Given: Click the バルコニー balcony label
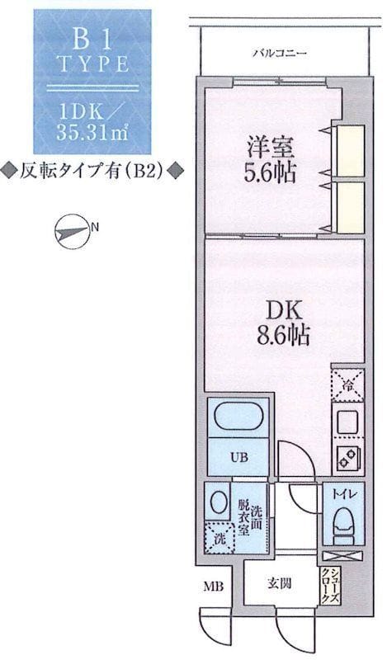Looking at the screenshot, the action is click(280, 54).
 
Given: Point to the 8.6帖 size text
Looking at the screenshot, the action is click(283, 336).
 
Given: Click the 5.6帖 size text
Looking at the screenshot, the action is click(270, 172).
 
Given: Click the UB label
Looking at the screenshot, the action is click(238, 457).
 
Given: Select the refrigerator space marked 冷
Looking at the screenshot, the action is click(347, 384).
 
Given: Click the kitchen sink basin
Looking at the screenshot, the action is click(347, 422).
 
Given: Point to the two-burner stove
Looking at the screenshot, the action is click(348, 458).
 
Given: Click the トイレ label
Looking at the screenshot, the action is click(344, 494).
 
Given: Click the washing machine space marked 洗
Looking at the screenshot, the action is click(219, 539).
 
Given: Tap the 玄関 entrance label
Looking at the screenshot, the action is click(279, 583).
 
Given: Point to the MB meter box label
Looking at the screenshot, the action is click(213, 586).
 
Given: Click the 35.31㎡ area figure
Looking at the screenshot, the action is click(92, 133).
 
